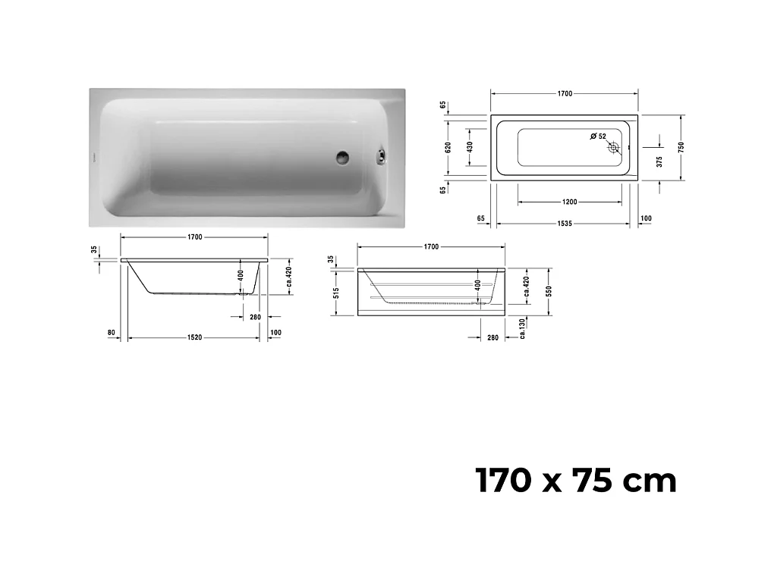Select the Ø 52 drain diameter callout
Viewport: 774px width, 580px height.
[598, 136]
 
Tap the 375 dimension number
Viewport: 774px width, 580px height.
[659, 161]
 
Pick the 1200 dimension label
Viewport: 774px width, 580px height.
[570, 202]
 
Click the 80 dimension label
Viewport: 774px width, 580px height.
[112, 333]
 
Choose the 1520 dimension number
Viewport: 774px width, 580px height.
[194, 338]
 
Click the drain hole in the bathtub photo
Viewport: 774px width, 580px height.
[343, 157]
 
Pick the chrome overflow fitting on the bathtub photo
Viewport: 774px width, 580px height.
[379, 157]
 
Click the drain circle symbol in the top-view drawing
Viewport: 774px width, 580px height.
[613, 149]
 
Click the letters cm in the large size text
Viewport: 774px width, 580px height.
[650, 481]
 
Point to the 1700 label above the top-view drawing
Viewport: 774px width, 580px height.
[564, 94]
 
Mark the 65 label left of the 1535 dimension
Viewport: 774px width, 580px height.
[480, 218]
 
